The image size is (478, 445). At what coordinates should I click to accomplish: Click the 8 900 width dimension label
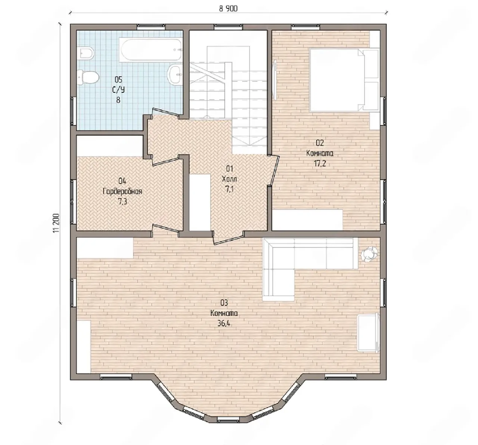pos(228,9)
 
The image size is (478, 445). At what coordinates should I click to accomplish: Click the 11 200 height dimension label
pos(56,223)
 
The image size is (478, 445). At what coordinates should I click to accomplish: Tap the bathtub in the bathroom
pos(151,50)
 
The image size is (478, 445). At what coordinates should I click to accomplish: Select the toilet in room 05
pos(89,77)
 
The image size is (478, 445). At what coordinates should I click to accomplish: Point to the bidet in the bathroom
pos(86,53)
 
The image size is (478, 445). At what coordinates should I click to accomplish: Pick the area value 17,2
pos(320,164)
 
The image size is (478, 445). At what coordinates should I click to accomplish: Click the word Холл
pos(229,179)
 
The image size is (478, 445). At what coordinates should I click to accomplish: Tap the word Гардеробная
pos(122,191)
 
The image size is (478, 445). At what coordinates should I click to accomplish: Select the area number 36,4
pos(224,323)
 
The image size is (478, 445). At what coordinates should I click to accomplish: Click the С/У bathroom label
pos(118,90)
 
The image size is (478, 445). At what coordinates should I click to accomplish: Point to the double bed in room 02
pos(344,80)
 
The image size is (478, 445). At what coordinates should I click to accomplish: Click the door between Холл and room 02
pos(274,171)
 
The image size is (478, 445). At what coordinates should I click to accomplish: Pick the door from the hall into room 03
pos(229,238)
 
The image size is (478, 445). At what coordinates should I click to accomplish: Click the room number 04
pos(122,181)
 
